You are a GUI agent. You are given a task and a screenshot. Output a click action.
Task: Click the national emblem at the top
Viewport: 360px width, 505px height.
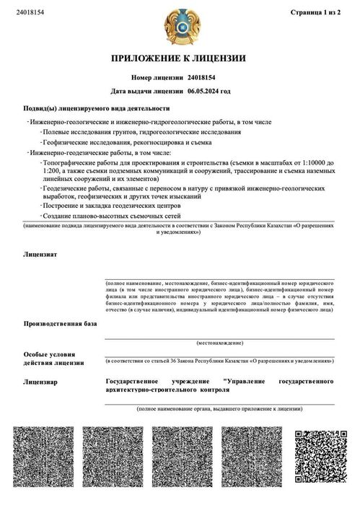(x=179, y=26)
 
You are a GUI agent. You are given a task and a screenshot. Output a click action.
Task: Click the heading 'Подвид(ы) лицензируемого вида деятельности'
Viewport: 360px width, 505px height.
(x=96, y=108)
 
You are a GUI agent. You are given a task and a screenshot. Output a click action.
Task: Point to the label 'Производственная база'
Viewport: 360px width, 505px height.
(x=59, y=324)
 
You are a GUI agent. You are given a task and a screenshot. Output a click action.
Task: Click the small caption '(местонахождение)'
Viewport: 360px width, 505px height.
(x=219, y=343)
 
